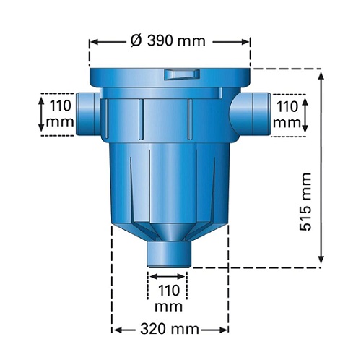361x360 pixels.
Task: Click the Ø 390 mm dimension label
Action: (x=170, y=40)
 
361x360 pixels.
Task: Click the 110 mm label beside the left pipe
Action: (x=60, y=113)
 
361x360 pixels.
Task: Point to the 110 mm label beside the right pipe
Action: (x=287, y=114)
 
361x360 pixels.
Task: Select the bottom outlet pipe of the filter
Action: (x=167, y=254)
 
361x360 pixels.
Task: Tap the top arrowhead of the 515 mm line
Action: (x=321, y=73)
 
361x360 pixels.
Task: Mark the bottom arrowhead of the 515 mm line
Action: (x=321, y=262)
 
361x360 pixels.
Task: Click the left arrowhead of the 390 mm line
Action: (x=92, y=41)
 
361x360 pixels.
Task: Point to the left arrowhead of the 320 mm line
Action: (x=116, y=330)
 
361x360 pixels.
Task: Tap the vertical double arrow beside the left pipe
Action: (x=42, y=113)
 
